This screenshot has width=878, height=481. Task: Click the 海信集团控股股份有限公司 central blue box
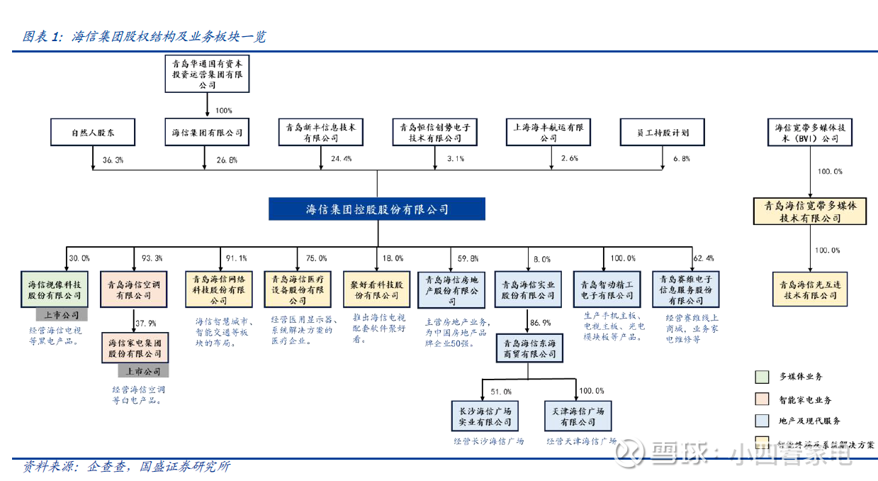pyautogui.click(x=377, y=209)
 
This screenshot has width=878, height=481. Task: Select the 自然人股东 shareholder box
pyautogui.click(x=93, y=133)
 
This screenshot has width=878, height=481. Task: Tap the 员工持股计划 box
pyautogui.click(x=664, y=133)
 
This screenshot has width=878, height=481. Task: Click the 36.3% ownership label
pyautogui.click(x=113, y=160)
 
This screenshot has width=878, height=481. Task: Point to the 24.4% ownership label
pyautogui.click(x=341, y=159)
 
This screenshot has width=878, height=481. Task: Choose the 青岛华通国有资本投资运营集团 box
pyautogui.click(x=208, y=74)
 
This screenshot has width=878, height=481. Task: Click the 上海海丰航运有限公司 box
pyautogui.click(x=549, y=133)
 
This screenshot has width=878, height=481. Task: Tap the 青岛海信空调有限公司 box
pyautogui.click(x=135, y=289)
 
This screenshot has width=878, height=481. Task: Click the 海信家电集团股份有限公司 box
pyautogui.click(x=135, y=348)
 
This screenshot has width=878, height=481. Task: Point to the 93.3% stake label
pyautogui.click(x=152, y=258)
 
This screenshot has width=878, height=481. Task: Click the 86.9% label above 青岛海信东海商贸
pyautogui.click(x=541, y=322)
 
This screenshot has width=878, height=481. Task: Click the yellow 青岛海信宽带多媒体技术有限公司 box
pyautogui.click(x=809, y=211)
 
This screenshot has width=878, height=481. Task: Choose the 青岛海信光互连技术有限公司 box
pyautogui.click(x=809, y=289)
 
